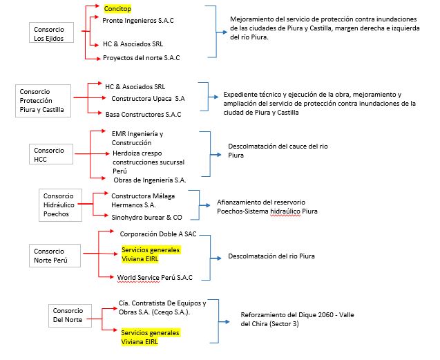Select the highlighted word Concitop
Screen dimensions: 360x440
(118, 10)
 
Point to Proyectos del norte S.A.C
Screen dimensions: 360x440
(141, 57)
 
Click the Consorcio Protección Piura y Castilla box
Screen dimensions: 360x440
(44, 100)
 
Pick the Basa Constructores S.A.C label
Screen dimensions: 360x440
(143, 114)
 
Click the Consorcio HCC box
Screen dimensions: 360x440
(48, 155)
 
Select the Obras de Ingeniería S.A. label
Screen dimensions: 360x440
(150, 180)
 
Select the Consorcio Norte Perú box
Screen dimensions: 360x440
(49, 256)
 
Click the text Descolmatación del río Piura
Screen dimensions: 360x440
(271, 256)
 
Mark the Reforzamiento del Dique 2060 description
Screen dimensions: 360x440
(297, 319)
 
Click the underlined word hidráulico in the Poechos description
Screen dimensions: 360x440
(283, 211)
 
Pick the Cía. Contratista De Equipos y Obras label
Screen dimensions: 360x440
(162, 307)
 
